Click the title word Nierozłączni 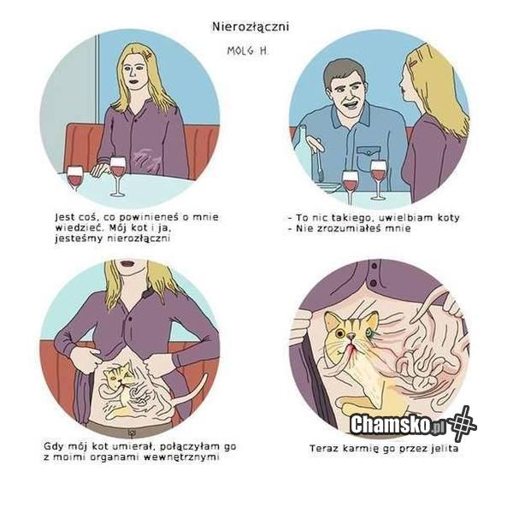pos(251,26)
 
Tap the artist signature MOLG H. pos(248,50)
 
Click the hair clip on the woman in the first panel pos(149,55)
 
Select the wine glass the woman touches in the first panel pos(118,176)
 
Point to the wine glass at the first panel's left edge pos(75,179)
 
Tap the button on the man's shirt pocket pos(369,152)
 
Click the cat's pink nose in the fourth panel pos(351,336)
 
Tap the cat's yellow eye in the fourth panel pos(340,333)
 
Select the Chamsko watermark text pos(397,424)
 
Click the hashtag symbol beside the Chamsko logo pos(462,423)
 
